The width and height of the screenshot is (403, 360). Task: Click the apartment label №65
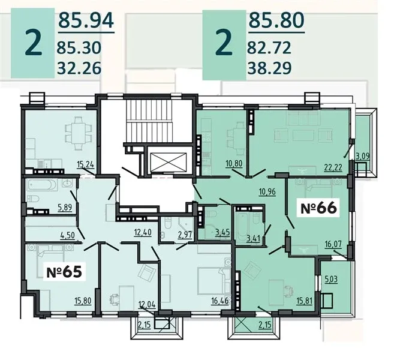point(64,272)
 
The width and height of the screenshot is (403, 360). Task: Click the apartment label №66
point(318,208)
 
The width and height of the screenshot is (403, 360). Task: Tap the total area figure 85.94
point(86,20)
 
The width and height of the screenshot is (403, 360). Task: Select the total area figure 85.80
point(276,20)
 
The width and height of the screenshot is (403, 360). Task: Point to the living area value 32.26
point(79,68)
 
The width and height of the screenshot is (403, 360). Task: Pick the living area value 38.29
point(269,68)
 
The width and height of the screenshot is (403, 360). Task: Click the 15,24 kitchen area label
point(86,164)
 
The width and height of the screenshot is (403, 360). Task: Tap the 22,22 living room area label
point(333,167)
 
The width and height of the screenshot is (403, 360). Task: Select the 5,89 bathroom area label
point(65,208)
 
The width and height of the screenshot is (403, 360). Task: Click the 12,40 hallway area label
point(143,232)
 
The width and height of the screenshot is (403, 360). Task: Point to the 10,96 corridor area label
point(267,191)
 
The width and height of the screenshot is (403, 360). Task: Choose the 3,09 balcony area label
point(363,155)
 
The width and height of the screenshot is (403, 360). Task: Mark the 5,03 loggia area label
point(331,279)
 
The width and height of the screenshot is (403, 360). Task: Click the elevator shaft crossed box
point(169,162)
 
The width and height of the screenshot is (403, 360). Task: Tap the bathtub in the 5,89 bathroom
point(42,185)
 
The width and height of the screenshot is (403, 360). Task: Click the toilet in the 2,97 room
point(167,223)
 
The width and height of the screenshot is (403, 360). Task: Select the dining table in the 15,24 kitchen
point(79,133)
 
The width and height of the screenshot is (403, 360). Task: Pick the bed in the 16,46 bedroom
point(214,281)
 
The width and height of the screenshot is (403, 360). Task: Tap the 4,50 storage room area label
point(67,235)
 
